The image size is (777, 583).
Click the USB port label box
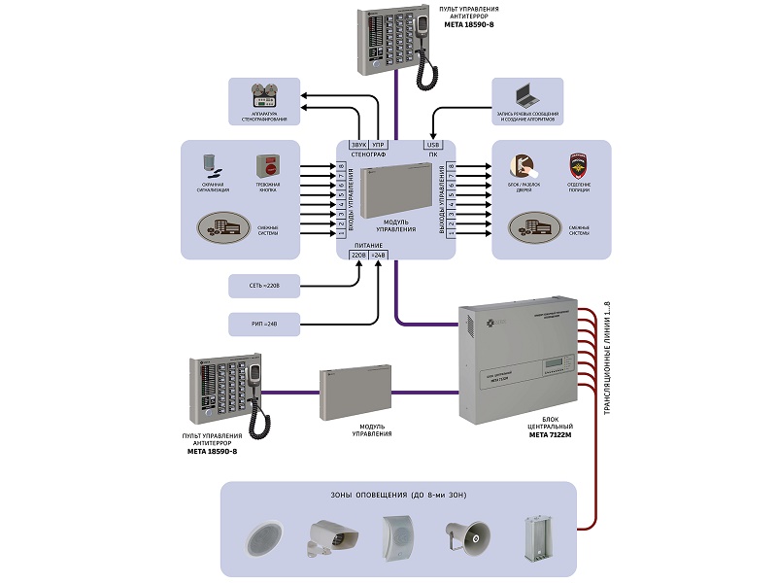point(433,145)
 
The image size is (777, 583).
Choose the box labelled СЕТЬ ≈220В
point(262,287)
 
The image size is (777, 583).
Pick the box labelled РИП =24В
point(262,322)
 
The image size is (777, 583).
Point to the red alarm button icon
point(268,165)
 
